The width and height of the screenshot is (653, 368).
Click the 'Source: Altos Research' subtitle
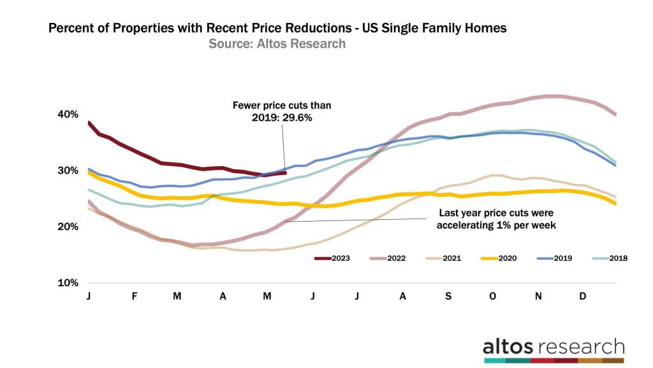pyautogui.click(x=277, y=43)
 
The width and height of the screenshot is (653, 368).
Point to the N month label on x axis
pyautogui.click(x=538, y=296)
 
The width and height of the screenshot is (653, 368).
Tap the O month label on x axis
pyautogui.click(x=493, y=296)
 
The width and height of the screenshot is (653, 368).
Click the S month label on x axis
pyautogui.click(x=448, y=296)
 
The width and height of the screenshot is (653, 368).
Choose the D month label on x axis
pyautogui.click(x=583, y=296)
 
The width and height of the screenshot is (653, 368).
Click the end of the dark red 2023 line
pyautogui.click(x=285, y=172)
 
